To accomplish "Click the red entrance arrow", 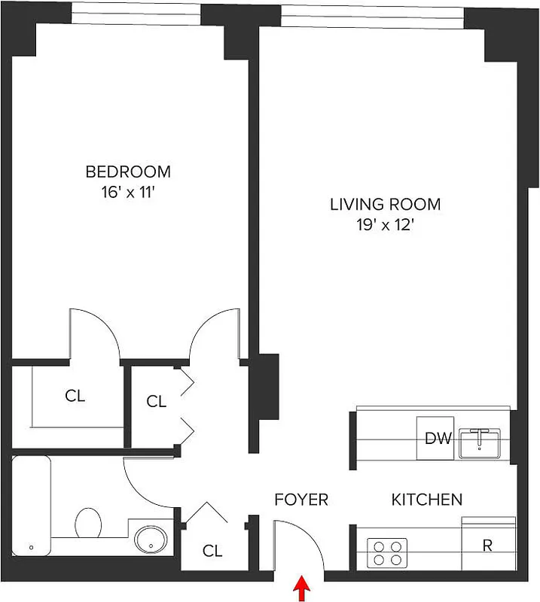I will (303, 588).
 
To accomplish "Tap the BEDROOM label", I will (127, 172).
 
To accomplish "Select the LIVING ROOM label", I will (385, 204).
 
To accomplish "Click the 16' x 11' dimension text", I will (127, 192).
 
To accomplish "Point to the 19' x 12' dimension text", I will (385, 224).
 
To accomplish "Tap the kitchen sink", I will (480, 442).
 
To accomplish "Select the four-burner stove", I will (387, 553).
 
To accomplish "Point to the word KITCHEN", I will (426, 500).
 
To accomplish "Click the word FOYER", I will (301, 500).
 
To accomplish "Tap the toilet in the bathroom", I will (89, 523).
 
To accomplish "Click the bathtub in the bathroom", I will (32, 504).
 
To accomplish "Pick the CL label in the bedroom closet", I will (75, 397).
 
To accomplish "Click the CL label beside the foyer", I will (213, 551).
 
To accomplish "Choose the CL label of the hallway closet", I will (156, 402).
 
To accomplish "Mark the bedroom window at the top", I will (136, 9).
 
